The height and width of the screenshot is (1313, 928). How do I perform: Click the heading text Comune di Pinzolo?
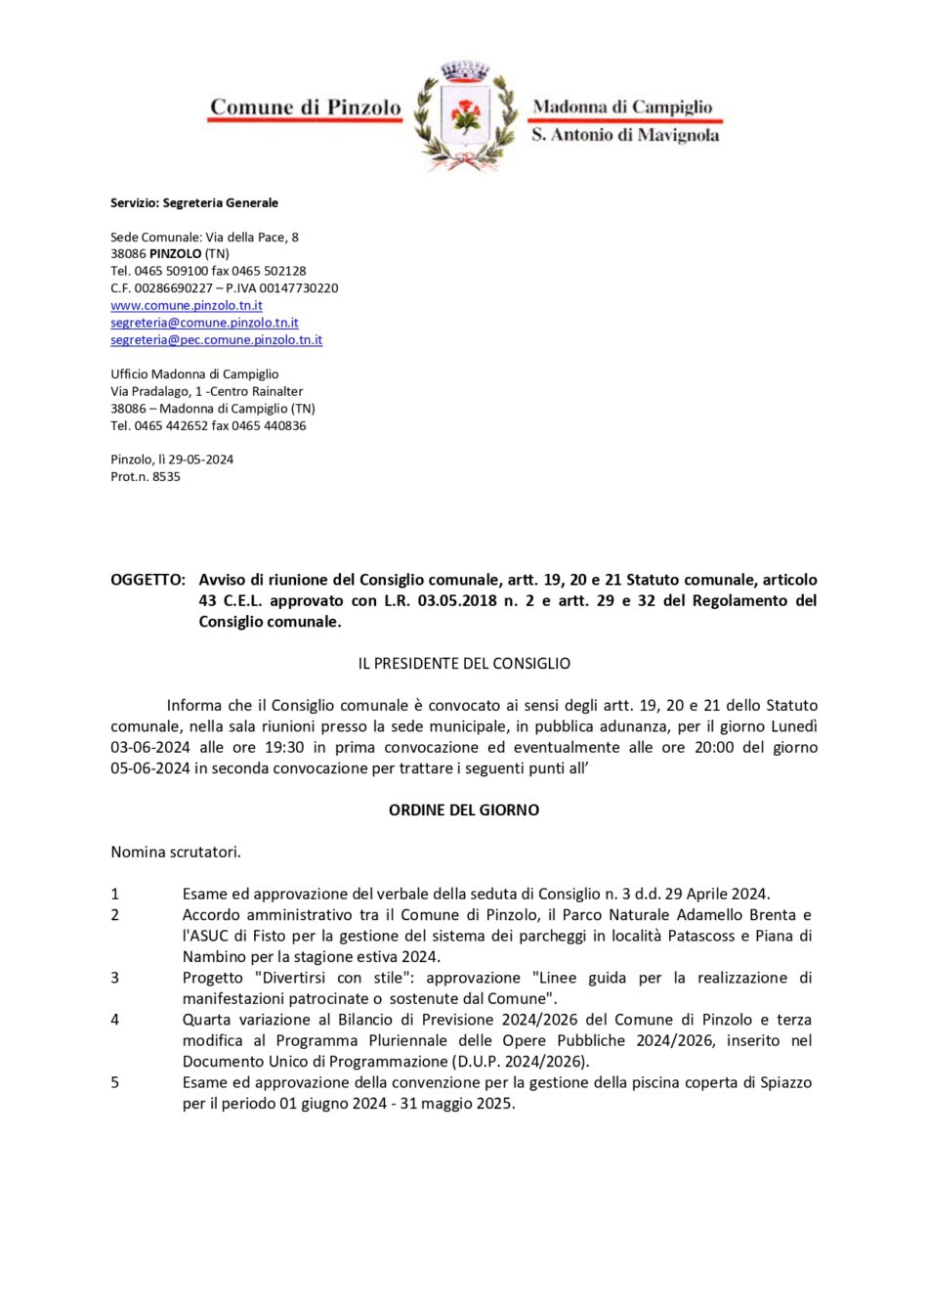tap(305, 108)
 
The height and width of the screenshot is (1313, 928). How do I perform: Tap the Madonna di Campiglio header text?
tap(622, 107)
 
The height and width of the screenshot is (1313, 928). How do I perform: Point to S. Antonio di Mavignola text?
tap(625, 135)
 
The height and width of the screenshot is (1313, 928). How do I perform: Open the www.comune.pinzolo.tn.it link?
tap(187, 305)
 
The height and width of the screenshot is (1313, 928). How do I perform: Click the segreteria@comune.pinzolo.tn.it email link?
tap(204, 323)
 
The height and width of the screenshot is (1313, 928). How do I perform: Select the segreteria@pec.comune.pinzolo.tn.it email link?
tap(216, 340)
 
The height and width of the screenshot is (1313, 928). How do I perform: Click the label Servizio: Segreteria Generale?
tap(194, 203)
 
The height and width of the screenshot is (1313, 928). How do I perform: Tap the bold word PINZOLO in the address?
tap(176, 253)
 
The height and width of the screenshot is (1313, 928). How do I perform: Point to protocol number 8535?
tap(167, 477)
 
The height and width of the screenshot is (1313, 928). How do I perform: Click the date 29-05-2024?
tap(201, 460)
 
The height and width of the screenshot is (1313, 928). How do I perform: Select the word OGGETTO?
tap(148, 580)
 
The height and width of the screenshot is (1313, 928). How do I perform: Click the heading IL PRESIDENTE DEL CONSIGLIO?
tap(464, 664)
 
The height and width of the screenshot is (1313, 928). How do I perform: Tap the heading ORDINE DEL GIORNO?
tap(464, 810)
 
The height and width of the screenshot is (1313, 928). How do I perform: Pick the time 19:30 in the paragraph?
tap(284, 747)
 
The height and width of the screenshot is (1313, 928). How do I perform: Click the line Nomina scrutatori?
tap(176, 853)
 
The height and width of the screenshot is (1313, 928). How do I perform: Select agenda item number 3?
tap(115, 978)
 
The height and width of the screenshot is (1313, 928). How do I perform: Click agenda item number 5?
tap(115, 1082)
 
